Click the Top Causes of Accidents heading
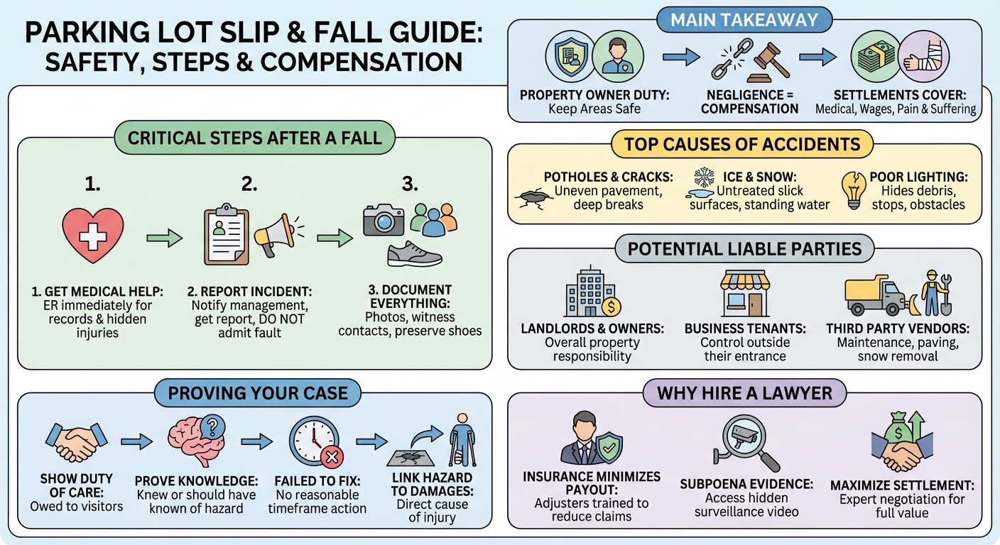742,145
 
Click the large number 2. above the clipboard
249,184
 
